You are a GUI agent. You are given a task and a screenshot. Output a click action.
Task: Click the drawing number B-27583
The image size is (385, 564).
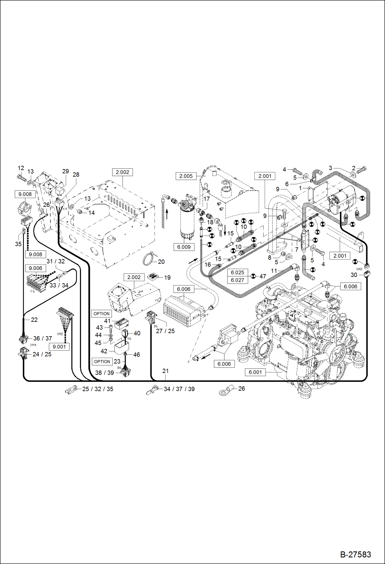tap(355, 554)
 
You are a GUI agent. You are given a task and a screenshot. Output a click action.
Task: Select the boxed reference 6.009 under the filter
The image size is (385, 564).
tap(184, 247)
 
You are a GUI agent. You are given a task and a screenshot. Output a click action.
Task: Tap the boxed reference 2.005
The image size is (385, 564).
tap(186, 176)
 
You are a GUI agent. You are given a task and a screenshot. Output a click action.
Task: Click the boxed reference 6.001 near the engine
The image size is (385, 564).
tap(255, 372)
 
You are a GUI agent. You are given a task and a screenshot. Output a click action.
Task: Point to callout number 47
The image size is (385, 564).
tap(263, 276)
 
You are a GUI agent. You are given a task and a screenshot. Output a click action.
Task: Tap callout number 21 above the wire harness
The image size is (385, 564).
tap(166, 371)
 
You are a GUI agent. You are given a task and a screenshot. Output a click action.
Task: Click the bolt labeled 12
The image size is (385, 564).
tap(21, 177)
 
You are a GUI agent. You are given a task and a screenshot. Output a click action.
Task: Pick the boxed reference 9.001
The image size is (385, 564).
tap(59, 347)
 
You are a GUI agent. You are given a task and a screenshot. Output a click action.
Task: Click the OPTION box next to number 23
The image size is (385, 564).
tap(102, 362)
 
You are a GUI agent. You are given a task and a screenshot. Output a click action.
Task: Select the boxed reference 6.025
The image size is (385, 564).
tap(237, 273)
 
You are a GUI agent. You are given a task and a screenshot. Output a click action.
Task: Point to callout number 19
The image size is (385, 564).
tap(167, 277)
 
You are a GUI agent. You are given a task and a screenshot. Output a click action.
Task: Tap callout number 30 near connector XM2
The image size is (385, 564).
tap(354, 275)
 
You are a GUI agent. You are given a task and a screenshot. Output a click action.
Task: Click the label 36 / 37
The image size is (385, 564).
tap(43, 338)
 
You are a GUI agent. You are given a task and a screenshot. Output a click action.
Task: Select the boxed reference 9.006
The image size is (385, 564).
tap(35, 268)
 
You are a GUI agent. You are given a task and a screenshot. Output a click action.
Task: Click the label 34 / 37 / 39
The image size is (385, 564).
tap(179, 389)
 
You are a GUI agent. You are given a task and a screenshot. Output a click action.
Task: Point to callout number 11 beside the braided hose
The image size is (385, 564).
tap(274, 271)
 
